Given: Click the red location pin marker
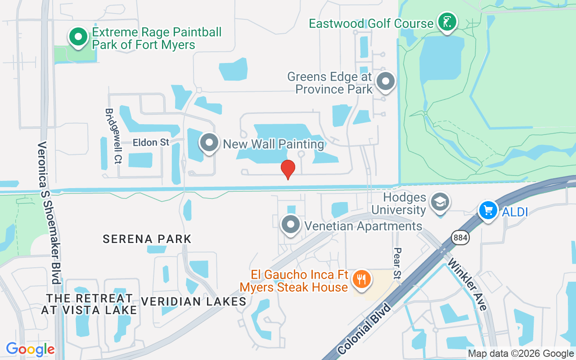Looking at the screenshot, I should [x=288, y=169].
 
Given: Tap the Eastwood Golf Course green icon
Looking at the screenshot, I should [x=447, y=22].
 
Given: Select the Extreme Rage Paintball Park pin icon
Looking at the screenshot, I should [x=78, y=37].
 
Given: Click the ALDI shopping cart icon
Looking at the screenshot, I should [x=488, y=210].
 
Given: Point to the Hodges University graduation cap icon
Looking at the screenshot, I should [x=439, y=202].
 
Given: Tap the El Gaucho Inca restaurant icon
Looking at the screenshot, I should [x=361, y=279].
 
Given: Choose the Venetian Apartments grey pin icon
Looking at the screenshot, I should [x=291, y=224].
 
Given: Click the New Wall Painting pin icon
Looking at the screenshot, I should [x=209, y=143].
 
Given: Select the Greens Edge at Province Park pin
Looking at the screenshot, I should [x=385, y=81].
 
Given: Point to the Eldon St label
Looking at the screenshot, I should [x=151, y=143].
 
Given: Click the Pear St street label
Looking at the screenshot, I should [x=397, y=263].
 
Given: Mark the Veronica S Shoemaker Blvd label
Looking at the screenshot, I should [x=49, y=212].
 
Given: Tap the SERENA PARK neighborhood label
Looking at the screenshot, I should [x=147, y=239].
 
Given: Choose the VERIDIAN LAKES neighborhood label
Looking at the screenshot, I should [x=193, y=301].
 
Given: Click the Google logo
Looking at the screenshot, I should [x=31, y=349].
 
